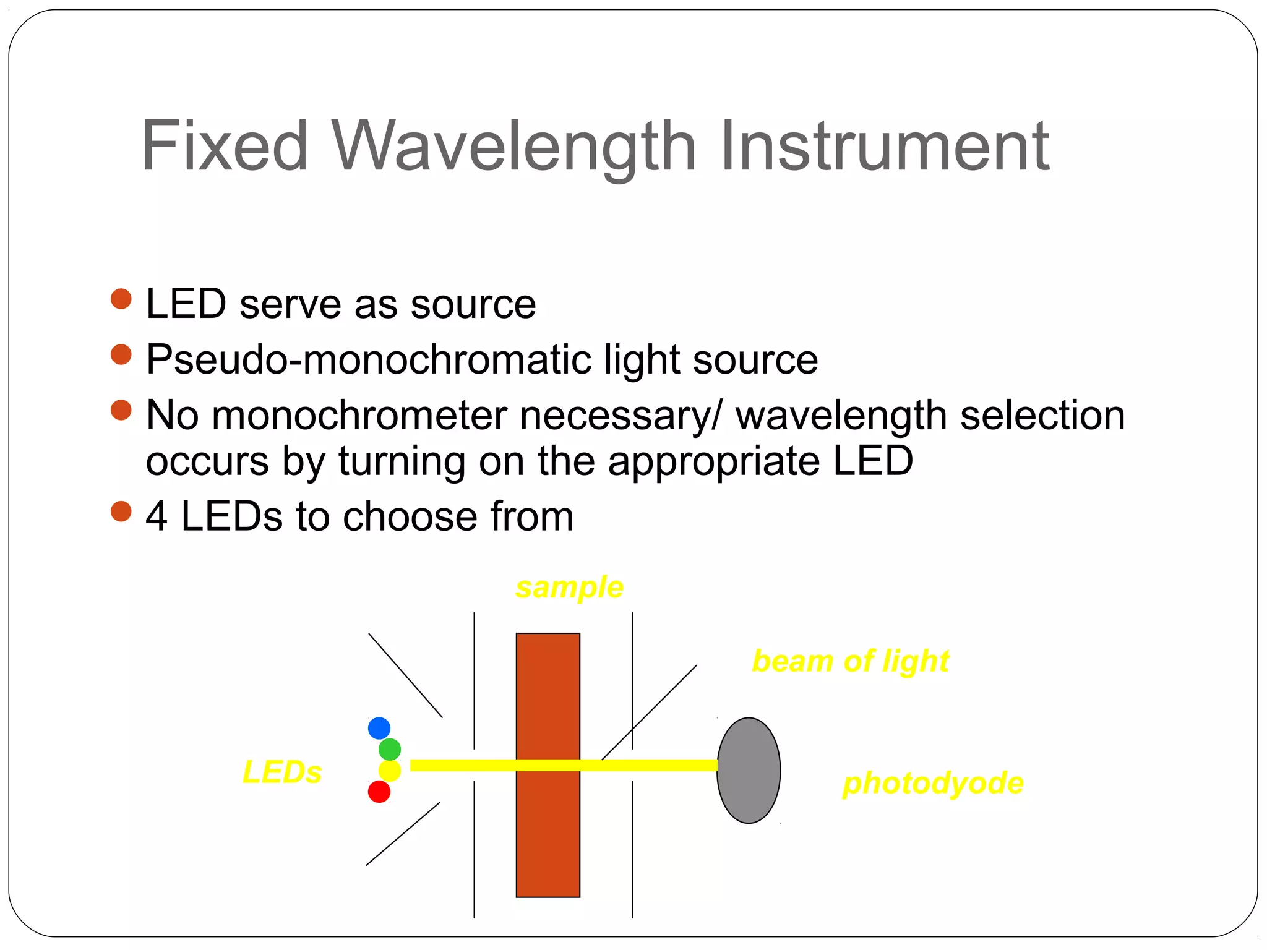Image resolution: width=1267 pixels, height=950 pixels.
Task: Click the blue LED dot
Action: (x=379, y=728)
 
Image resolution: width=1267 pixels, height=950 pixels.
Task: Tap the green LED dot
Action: (x=390, y=750)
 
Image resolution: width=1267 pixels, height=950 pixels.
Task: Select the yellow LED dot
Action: (x=390, y=771)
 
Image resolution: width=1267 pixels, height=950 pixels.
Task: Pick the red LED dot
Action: (x=379, y=792)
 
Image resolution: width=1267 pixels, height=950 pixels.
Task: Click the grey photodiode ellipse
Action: (x=749, y=771)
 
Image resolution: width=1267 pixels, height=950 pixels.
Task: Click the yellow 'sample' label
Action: (x=569, y=587)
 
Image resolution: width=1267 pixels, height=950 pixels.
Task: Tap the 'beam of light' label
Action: (x=851, y=661)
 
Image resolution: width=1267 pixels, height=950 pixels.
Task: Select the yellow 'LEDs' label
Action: (x=282, y=772)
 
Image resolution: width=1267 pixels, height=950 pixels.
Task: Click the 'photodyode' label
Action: (x=933, y=783)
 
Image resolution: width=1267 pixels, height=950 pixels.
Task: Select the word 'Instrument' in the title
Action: (x=885, y=146)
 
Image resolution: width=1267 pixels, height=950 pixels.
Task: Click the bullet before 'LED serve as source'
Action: (x=121, y=299)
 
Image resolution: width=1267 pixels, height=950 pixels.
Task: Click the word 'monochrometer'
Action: (x=359, y=415)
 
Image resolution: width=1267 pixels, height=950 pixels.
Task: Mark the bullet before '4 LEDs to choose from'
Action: (x=121, y=511)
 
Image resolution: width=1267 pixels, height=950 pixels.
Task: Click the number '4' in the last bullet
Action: (x=157, y=516)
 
